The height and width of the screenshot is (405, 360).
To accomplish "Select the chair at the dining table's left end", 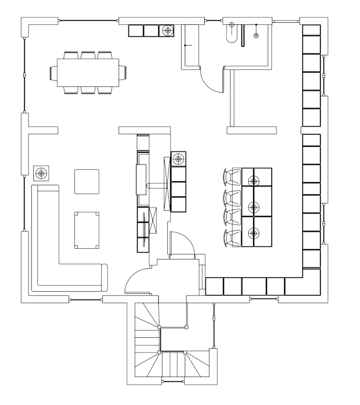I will pos(53,71).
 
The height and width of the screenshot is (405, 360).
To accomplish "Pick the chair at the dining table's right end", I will pos(123,71).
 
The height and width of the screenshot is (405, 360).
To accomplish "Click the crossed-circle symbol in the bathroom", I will pos(257,35).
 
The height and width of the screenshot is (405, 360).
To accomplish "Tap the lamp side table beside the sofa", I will pos(41,172).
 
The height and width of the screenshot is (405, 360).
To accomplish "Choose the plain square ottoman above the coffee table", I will pos(86,182).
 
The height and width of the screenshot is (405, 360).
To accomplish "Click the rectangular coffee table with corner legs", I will pos(87,230).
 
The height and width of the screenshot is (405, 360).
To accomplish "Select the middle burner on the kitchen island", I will pos(254,207).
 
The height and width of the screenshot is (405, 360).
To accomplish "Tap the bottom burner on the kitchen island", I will pos(254,232).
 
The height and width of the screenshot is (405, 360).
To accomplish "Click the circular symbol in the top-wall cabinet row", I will pos(168,31).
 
